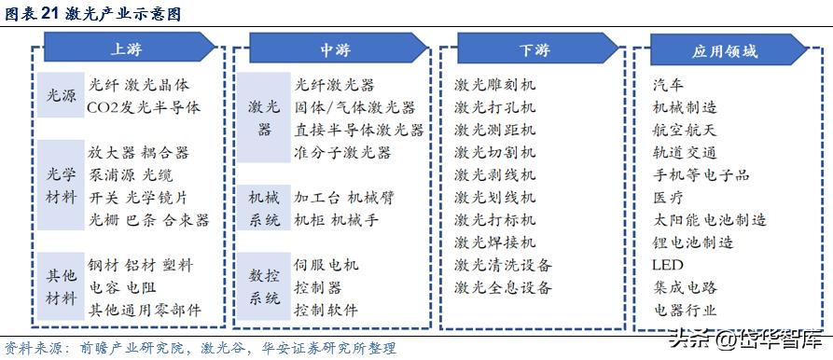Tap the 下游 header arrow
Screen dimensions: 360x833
coord(533,48)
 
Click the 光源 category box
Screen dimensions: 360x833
coord(62,96)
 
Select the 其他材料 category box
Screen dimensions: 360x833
coord(62,287)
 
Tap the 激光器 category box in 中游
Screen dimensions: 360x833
coord(262,118)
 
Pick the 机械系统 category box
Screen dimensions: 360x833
coord(262,208)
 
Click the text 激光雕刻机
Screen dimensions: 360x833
coord(495,85)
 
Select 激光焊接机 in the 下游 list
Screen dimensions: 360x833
coord(495,242)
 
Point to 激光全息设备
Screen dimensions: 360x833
coord(503,287)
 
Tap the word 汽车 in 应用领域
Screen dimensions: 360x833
coord(669,85)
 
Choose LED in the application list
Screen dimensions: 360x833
coord(668,265)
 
